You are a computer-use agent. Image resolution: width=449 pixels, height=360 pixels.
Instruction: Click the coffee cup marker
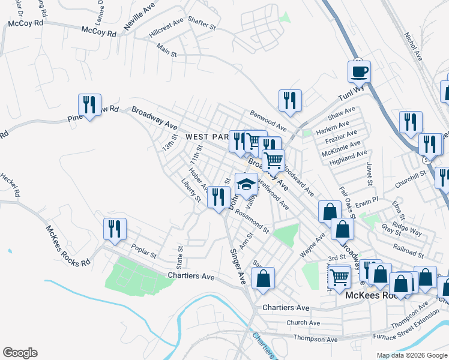click(359, 72)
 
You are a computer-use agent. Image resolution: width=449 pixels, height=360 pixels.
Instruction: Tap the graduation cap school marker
click(246, 184)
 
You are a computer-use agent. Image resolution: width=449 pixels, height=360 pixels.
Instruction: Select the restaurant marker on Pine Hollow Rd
click(89, 105)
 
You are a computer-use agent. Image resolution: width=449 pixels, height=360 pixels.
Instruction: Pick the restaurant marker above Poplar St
click(114, 229)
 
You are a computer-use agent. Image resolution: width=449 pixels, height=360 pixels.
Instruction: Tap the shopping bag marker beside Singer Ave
click(264, 278)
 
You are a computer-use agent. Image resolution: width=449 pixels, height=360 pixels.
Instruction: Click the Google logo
click(20, 353)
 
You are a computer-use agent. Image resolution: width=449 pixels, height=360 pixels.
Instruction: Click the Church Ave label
click(303, 322)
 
